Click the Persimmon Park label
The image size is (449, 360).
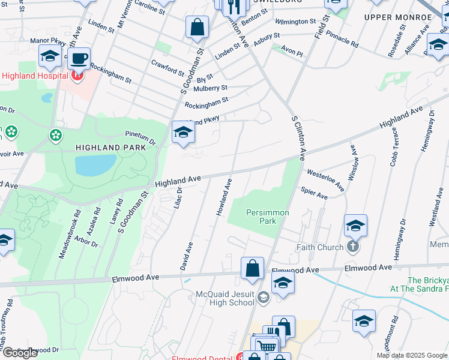tap(268, 217)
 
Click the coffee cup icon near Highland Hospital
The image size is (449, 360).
tap(78, 59)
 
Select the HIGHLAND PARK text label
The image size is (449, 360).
tap(102, 147)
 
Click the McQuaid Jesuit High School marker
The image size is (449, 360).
tap(263, 297)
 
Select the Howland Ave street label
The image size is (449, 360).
tap(224, 197)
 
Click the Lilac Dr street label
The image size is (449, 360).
tap(178, 198)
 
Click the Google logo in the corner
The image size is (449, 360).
tap(20, 353)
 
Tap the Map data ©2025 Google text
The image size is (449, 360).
tap(412, 355)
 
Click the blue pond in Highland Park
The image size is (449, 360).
tap(95, 164)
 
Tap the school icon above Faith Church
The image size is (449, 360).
tap(355, 226)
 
